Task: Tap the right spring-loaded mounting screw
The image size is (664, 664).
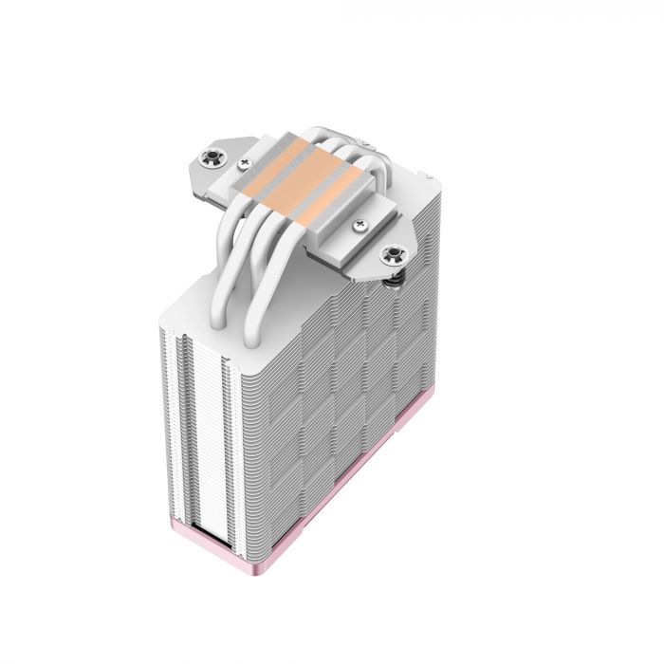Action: click(x=390, y=255)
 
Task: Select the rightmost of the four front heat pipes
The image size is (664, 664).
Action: click(x=275, y=285)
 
